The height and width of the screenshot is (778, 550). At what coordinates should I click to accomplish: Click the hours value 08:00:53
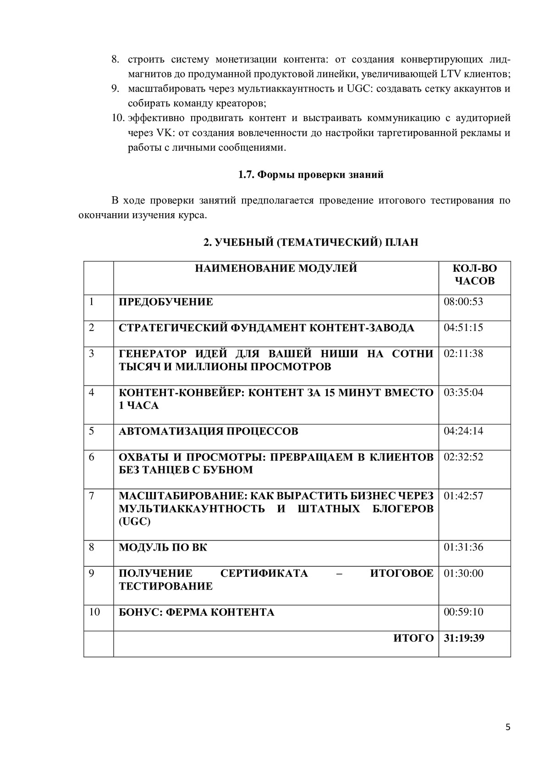pyautogui.click(x=463, y=302)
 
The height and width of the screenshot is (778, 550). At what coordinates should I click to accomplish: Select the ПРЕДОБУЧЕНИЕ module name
pyautogui.click(x=166, y=302)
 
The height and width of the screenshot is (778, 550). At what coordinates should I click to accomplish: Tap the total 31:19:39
pyautogui.click(x=464, y=638)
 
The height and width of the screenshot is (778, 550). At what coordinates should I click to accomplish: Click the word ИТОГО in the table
pyautogui.click(x=413, y=638)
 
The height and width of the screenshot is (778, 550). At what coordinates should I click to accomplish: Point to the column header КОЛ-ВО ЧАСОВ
pyautogui.click(x=474, y=274)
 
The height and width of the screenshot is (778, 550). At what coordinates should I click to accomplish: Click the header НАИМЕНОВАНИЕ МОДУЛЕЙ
pyautogui.click(x=276, y=268)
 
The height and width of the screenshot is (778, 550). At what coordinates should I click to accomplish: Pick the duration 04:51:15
pyautogui.click(x=463, y=328)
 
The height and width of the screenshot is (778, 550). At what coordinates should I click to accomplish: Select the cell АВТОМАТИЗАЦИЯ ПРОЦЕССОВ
pyautogui.click(x=209, y=431)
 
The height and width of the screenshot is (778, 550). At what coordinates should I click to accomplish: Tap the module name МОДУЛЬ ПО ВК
pyautogui.click(x=163, y=547)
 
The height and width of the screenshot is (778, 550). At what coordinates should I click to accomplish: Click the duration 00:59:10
pyautogui.click(x=463, y=612)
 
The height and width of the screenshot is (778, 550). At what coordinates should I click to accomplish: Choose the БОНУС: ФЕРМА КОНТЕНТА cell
pyautogui.click(x=197, y=612)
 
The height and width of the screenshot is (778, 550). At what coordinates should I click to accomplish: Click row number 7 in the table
pyautogui.click(x=92, y=496)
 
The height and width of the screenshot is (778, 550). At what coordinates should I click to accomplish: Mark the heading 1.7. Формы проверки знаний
pyautogui.click(x=311, y=175)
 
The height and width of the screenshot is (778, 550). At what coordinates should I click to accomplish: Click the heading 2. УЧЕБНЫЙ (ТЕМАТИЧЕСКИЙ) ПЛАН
pyautogui.click(x=311, y=242)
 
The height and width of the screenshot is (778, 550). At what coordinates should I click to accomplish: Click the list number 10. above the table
pyautogui.click(x=118, y=118)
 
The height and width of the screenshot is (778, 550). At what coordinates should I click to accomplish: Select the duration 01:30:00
pyautogui.click(x=463, y=574)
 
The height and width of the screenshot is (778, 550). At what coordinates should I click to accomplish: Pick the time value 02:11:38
pyautogui.click(x=463, y=353)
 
